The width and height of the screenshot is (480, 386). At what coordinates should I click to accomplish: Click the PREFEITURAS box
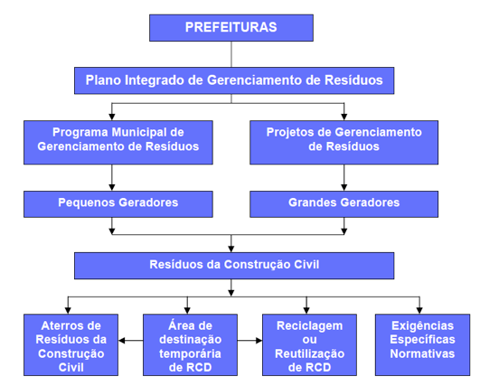(x=231, y=27)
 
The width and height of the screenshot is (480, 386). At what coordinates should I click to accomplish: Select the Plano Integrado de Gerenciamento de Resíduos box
(x=234, y=80)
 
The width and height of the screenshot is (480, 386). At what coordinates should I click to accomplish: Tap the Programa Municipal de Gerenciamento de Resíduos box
(x=118, y=142)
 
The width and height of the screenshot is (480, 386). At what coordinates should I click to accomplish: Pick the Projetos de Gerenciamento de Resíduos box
(x=344, y=142)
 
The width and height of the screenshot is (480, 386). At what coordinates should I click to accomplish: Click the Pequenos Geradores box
(x=118, y=204)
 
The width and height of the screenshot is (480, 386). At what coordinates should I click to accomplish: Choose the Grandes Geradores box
(x=344, y=204)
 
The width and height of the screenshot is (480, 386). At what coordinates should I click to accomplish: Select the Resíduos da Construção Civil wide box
(x=234, y=266)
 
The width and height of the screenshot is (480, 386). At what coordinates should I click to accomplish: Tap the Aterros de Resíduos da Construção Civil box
(x=71, y=344)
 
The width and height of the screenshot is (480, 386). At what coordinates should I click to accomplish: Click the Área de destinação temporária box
(x=190, y=344)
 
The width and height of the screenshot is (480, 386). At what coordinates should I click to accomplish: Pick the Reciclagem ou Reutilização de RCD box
(x=309, y=344)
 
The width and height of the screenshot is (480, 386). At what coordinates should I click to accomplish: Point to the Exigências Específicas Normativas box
(x=422, y=344)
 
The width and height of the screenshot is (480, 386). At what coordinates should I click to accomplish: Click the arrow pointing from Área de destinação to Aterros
(x=131, y=341)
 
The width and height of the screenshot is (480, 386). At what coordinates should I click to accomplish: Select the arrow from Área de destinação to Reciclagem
(x=249, y=341)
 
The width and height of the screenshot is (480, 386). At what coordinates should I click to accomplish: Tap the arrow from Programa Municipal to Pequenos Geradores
(x=112, y=178)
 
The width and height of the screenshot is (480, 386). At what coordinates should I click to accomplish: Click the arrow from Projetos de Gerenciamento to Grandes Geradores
(x=344, y=178)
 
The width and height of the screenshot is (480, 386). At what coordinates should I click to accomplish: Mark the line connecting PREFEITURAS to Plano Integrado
(x=231, y=54)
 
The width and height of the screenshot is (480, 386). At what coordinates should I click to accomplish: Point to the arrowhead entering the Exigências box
(x=419, y=310)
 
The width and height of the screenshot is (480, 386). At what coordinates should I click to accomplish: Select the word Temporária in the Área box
(x=190, y=353)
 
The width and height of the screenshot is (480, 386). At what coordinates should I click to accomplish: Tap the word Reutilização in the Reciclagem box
(x=309, y=353)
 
